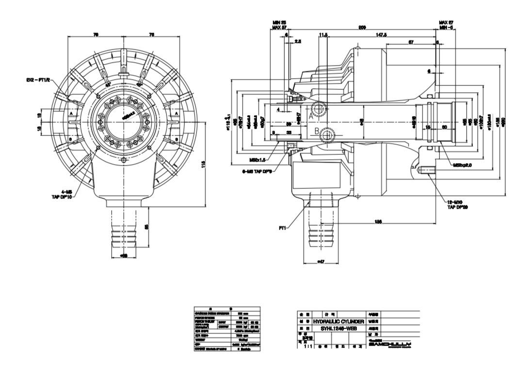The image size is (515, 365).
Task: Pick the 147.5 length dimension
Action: [381, 35]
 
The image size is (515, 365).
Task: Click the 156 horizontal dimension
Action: [379, 221]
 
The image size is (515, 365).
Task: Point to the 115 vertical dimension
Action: [204, 162]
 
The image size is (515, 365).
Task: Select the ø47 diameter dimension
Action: [321, 262]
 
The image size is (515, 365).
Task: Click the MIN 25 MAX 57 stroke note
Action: [279, 25]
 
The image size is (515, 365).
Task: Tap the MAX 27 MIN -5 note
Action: [446, 25]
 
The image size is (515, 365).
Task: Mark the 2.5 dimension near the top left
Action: [298, 42]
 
